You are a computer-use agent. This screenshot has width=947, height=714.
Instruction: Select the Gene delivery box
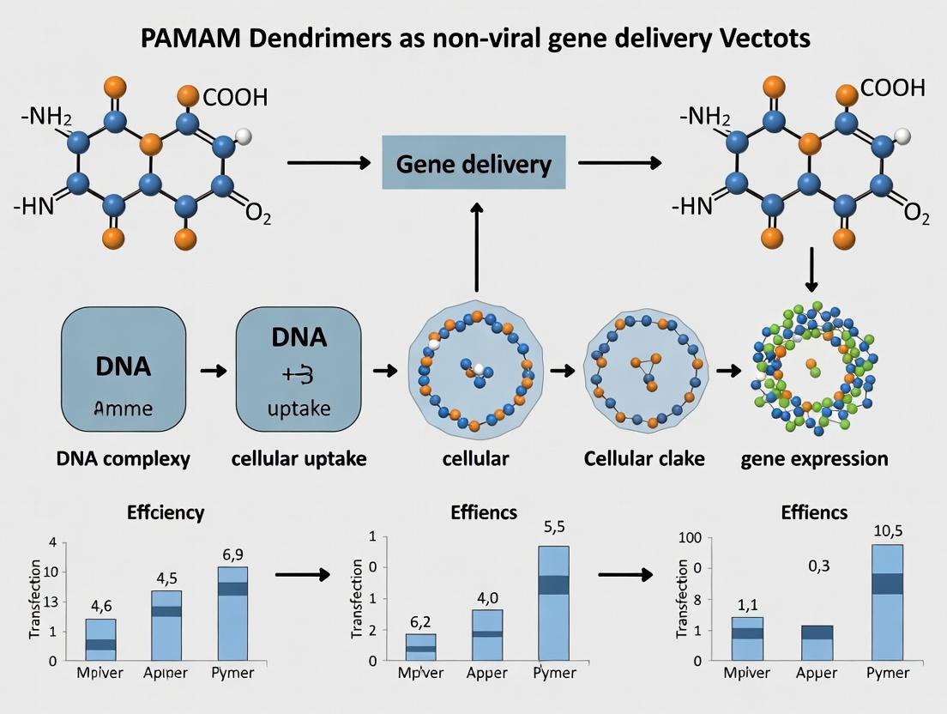pos(473,162)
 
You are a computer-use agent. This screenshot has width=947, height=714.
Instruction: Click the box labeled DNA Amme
pos(124,372)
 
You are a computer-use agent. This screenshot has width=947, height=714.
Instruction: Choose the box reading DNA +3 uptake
pos(298,372)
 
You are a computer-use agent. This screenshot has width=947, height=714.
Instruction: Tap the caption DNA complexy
pos(124,459)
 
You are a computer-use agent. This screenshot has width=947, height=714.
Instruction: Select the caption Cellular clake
pos(644,459)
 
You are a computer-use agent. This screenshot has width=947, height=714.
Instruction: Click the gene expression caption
pos(814,459)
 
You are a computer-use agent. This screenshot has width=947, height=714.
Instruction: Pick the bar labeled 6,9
pos(232,613)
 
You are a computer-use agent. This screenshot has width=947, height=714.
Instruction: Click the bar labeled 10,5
pos(886,602)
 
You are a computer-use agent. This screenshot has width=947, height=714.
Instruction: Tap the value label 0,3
pos(818,566)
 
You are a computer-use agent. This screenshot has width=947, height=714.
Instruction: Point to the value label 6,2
pos(420,620)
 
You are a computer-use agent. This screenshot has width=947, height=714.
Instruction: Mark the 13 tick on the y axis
pos(48,602)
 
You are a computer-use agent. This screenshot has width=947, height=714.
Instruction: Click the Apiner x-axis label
pos(166,673)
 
